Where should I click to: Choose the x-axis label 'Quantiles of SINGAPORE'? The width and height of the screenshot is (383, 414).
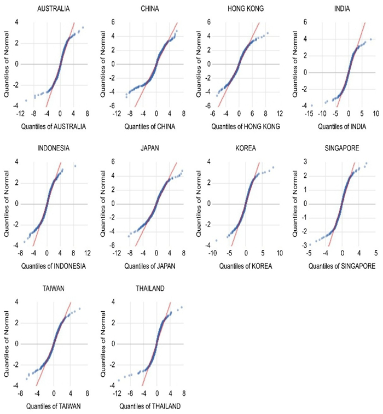tap(341, 267)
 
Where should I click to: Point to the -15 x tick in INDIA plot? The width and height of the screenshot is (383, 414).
tap(310, 115)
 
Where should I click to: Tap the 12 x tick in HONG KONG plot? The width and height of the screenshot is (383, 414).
tap(279, 115)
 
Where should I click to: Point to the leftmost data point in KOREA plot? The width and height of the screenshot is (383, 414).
tap(216, 241)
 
